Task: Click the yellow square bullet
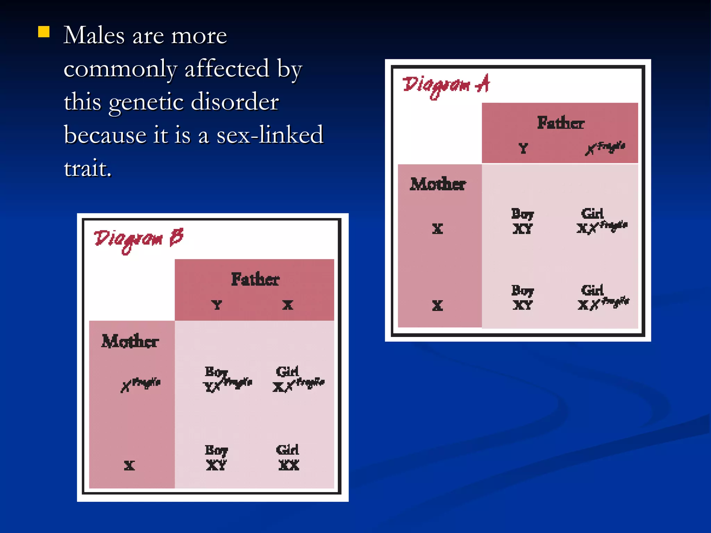[x=44, y=32]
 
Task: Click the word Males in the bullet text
[x=94, y=35]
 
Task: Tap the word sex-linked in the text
[x=270, y=135]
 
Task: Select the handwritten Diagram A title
[x=446, y=85]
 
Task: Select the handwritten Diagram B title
[x=138, y=239]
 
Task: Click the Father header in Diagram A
[x=560, y=123]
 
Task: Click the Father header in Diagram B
[x=255, y=279]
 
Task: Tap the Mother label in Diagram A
[x=438, y=184]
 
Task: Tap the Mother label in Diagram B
[x=130, y=341]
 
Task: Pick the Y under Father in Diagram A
[x=523, y=149]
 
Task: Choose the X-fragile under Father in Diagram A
[x=605, y=148]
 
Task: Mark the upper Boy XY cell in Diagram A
[x=522, y=221]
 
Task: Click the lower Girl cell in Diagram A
[x=602, y=298]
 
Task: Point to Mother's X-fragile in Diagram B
[x=140, y=384]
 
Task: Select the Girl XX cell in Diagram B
[x=288, y=457]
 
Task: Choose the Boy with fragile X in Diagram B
[x=227, y=379]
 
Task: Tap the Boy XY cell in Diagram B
[x=216, y=457]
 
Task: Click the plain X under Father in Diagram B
[x=287, y=305]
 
